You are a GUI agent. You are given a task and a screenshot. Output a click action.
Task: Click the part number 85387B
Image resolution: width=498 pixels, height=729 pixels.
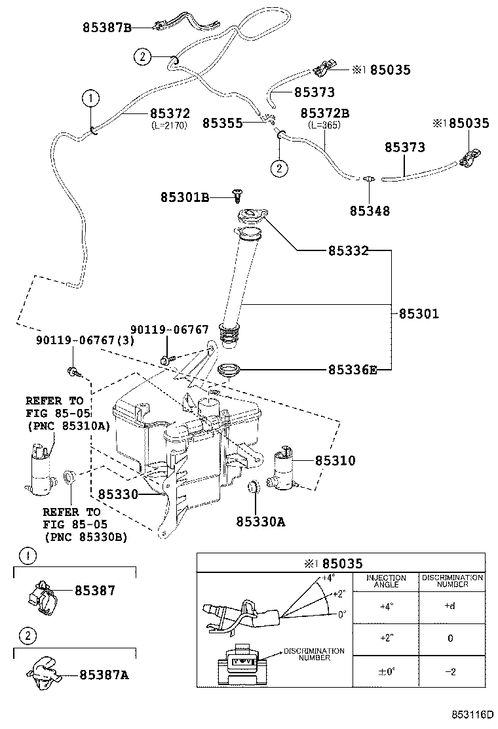coord(107,28)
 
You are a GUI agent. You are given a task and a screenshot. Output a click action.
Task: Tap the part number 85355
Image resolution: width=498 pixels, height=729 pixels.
coord(222,123)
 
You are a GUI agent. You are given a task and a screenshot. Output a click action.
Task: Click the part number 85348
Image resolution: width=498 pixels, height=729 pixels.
coord(370,211)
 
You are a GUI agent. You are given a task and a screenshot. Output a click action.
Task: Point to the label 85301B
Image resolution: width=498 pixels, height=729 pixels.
coord(184,197)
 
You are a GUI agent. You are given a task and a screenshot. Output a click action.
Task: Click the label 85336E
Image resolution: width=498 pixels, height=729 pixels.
coord(352,370)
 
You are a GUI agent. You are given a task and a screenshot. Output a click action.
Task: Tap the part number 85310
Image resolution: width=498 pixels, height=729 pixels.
coord(335,461)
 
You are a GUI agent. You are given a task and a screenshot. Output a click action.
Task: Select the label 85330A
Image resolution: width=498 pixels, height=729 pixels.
coord(261,522)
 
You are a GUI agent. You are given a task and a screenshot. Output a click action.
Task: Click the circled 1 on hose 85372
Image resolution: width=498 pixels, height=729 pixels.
coord(90,99)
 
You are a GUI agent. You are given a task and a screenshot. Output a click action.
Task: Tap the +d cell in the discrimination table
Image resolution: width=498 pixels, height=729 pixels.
coord(450,606)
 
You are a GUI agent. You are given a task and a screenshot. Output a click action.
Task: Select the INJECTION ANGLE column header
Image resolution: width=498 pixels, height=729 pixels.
coord(386,581)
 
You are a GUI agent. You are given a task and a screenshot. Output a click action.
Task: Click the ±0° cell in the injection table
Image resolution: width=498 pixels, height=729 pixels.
coord(386,671)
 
